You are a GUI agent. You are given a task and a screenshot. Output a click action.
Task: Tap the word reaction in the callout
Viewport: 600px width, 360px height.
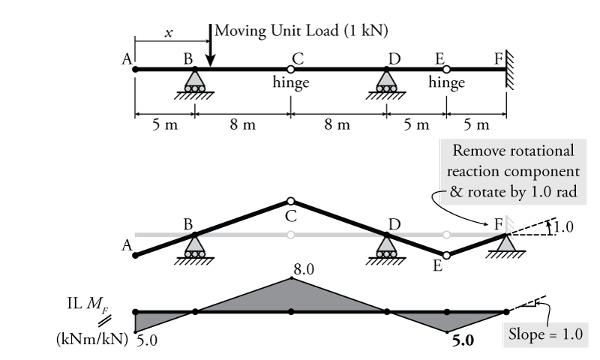coord(475,171)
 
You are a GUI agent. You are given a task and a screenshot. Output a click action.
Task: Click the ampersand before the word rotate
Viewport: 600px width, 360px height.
coord(454,192)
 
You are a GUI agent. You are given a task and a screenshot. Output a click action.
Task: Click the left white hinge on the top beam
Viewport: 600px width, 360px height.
coord(291,69)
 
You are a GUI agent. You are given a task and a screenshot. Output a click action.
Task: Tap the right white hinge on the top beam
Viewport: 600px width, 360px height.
coord(446,69)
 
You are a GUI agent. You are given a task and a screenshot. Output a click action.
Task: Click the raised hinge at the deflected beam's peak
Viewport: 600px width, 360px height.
coord(291,201)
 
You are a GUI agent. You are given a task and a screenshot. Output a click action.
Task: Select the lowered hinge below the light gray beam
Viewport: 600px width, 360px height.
coord(446,255)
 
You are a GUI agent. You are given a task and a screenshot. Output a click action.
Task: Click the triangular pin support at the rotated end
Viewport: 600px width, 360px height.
coord(507,243)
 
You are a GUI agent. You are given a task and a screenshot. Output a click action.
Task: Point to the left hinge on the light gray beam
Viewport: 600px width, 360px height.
coord(291,235)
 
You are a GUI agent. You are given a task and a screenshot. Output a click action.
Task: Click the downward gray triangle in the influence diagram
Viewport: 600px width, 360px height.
coord(446,320)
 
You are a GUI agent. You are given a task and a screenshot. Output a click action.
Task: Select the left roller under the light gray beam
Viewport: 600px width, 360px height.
coord(195,247)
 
